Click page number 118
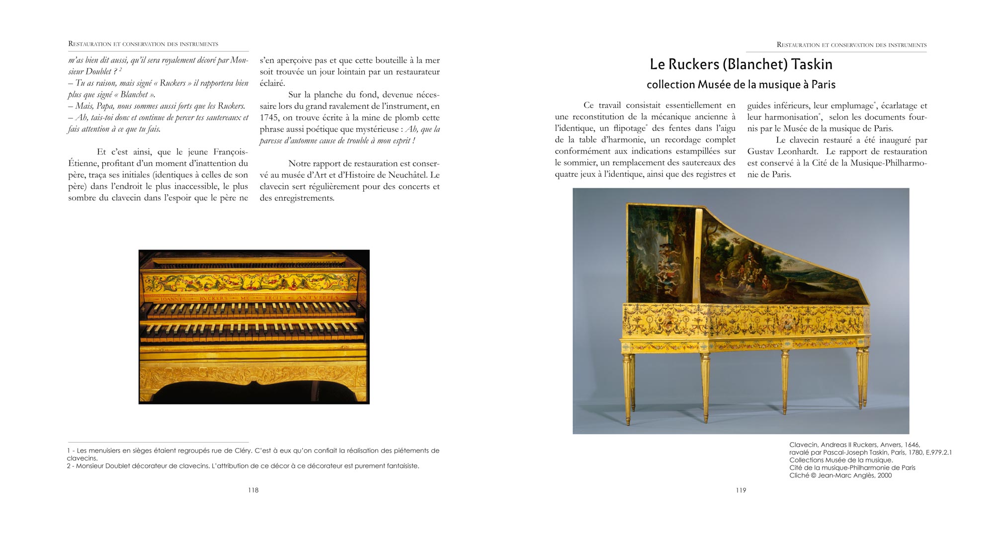[253, 490]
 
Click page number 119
[741, 490]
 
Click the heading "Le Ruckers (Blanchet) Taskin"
[741, 65]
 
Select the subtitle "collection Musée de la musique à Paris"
[741, 85]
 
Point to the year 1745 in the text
[270, 118]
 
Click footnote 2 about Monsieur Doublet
[243, 466]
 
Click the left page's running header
[143, 44]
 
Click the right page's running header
[851, 45]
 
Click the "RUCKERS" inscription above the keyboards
[213, 299]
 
